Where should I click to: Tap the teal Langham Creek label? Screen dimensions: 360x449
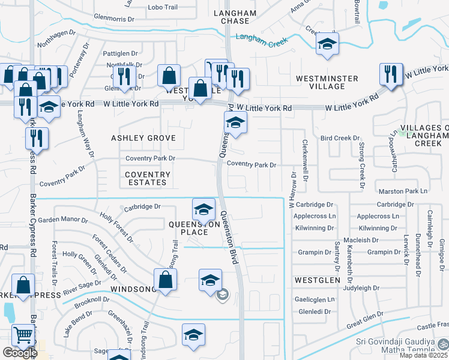(262, 38)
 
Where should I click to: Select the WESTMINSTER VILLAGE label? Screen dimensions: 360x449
(327, 82)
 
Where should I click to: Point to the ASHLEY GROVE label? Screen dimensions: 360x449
(143, 138)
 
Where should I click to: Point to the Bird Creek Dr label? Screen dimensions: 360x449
(340, 138)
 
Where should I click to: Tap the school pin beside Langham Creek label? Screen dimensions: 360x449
(327, 44)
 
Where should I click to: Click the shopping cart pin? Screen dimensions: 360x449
(23, 335)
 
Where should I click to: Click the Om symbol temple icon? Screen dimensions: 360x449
(442, 346)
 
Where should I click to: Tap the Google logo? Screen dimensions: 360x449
(19, 353)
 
